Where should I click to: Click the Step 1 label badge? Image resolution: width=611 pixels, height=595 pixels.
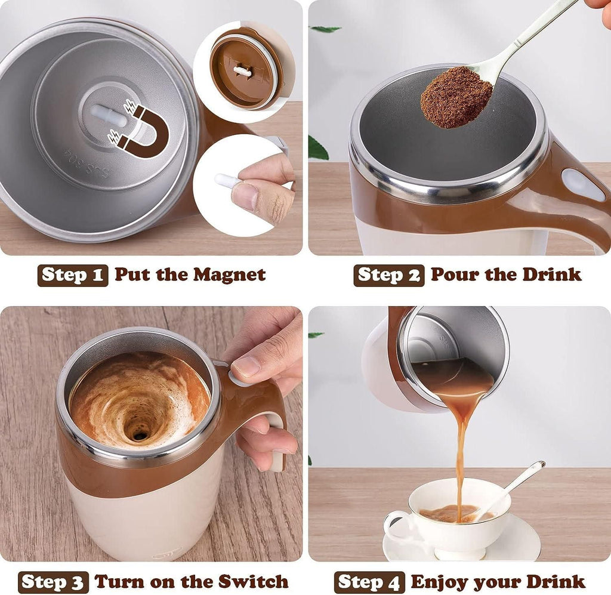(x=73, y=275)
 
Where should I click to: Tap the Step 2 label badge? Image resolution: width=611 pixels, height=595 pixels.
(x=388, y=275)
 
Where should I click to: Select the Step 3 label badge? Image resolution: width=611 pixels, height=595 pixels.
(x=53, y=581)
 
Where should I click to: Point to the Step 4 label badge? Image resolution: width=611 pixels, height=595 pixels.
(x=369, y=581)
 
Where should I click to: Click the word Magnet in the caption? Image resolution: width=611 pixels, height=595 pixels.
(x=229, y=275)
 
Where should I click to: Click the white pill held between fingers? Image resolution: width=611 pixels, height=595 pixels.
(x=227, y=180)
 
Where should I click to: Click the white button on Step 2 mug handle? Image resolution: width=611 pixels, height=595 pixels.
(x=582, y=184)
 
